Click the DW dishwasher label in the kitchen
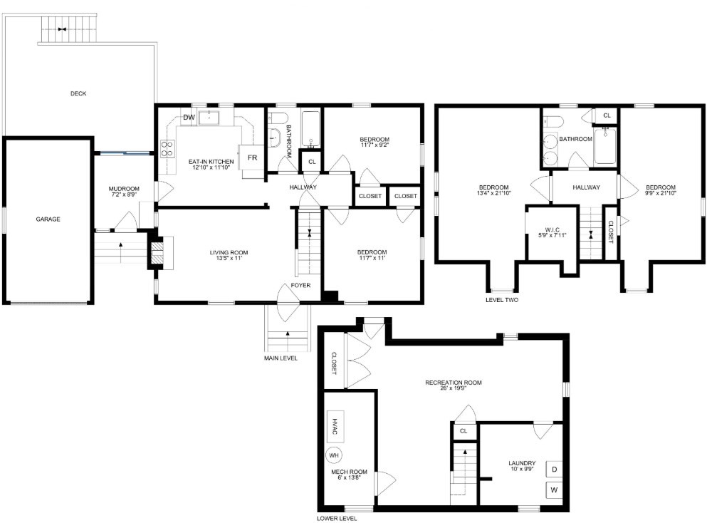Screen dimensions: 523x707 click(x=189, y=118)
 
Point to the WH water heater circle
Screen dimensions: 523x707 click(x=334, y=454)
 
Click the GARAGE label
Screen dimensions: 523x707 click(x=48, y=219)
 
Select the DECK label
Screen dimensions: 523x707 click(x=78, y=93)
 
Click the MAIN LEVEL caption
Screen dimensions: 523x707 click(x=281, y=358)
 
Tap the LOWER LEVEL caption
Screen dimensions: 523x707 click(x=337, y=518)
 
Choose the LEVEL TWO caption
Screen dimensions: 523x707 click(x=501, y=300)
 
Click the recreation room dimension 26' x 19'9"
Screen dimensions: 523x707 click(x=453, y=390)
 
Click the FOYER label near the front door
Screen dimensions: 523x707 click(x=300, y=286)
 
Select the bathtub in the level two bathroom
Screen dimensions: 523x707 click(x=605, y=145)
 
